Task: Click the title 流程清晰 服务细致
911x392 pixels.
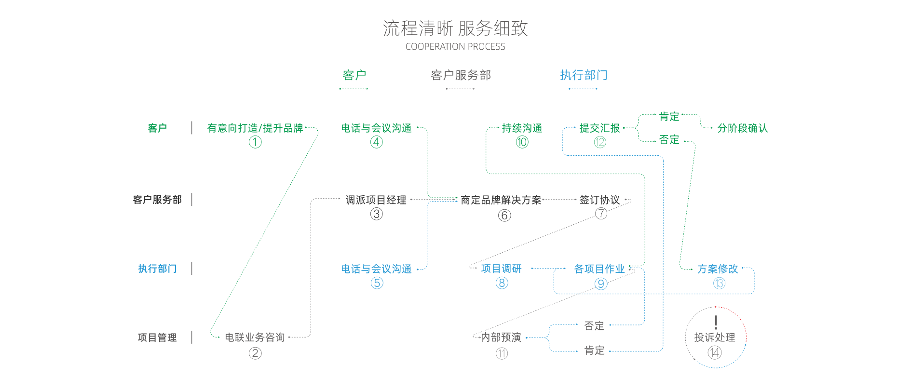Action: [x=455, y=28]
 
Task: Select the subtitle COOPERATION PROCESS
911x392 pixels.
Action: [x=455, y=47]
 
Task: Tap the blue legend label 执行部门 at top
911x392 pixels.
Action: [x=583, y=75]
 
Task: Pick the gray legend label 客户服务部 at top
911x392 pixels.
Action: [x=461, y=75]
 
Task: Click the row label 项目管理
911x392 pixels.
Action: [x=157, y=338]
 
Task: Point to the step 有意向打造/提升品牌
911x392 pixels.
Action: [x=255, y=128]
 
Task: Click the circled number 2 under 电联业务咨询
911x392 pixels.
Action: [x=255, y=353]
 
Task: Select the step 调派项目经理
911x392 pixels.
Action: [x=376, y=200]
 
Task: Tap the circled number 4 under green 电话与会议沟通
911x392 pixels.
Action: [x=377, y=142]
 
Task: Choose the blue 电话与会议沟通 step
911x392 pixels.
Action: [x=376, y=269]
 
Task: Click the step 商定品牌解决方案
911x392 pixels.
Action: [x=501, y=200]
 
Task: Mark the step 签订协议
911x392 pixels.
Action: [x=599, y=200]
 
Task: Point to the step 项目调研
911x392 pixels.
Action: [x=501, y=269]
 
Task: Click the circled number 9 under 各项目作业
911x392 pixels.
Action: [x=600, y=284]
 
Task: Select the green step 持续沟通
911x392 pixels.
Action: [x=522, y=128]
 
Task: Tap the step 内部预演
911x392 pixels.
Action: [x=501, y=338]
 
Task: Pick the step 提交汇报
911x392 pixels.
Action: [x=599, y=128]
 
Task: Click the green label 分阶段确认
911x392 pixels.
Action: [x=742, y=128]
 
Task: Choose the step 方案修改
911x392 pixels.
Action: [x=718, y=269]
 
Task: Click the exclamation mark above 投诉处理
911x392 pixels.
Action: [x=716, y=322]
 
